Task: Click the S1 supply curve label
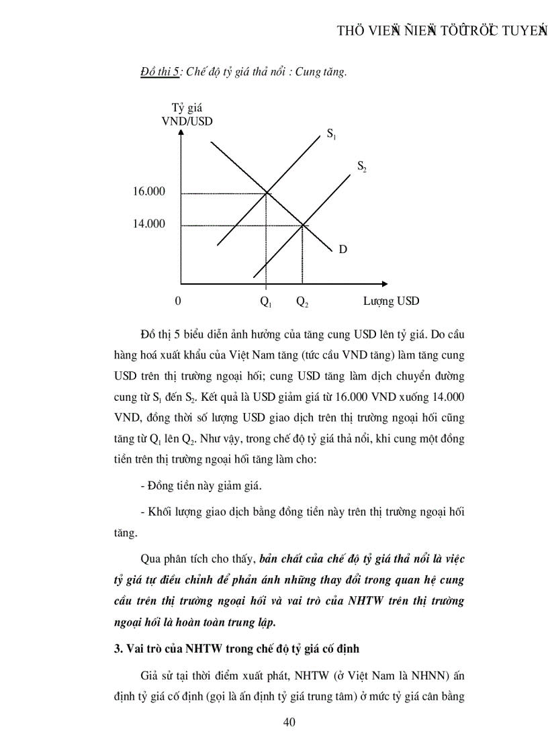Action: [332, 134]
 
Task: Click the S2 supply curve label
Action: [361, 166]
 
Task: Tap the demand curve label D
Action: [342, 249]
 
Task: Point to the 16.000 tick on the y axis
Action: [149, 192]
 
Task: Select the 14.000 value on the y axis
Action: [149, 224]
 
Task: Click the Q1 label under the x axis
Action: [266, 301]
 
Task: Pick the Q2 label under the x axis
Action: [302, 301]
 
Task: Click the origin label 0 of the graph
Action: [178, 301]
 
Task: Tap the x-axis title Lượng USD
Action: [392, 301]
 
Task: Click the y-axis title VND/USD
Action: [187, 122]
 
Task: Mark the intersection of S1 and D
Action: [267, 193]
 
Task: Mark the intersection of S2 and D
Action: [302, 225]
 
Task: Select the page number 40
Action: [289, 722]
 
